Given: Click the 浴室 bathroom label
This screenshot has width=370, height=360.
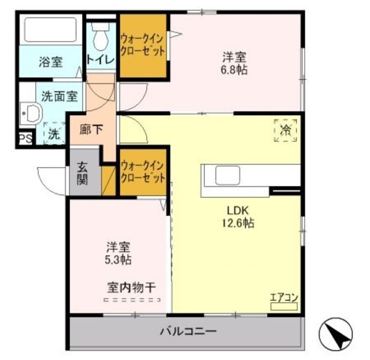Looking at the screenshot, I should click(51, 61).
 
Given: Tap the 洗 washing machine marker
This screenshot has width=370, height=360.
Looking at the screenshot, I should click(53, 134).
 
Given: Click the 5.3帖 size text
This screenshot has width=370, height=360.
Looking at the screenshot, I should click(118, 259).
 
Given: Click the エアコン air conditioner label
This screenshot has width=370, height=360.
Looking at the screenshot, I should click(283, 297).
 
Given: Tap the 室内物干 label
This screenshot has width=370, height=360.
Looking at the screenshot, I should click(130, 286).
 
